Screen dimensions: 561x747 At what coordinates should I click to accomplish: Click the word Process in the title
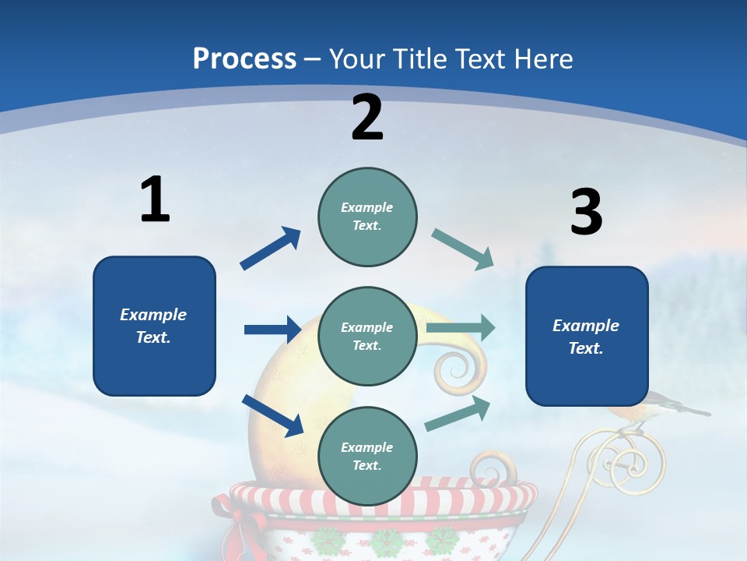click(244, 58)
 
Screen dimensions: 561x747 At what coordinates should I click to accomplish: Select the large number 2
click(367, 118)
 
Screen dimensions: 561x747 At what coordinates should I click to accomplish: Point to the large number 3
click(586, 213)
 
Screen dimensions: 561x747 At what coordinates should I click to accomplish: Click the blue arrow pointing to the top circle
click(271, 249)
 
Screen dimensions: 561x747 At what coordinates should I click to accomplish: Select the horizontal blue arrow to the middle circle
click(272, 330)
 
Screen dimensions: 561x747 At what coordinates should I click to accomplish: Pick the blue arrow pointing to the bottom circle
click(273, 415)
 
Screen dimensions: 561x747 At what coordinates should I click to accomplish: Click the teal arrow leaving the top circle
click(462, 249)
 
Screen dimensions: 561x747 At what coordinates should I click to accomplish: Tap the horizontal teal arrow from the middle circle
click(461, 328)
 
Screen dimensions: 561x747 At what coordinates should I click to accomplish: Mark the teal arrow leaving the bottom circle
click(458, 414)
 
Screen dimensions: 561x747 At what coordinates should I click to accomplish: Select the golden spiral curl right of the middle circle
click(458, 371)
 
